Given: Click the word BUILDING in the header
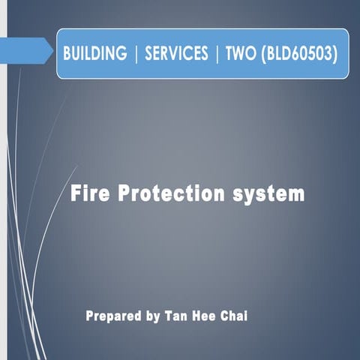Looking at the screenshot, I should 94,54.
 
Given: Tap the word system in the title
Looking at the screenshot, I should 271,194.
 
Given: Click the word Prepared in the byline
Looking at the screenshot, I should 113,316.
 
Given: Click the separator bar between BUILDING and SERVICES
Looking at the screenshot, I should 136,54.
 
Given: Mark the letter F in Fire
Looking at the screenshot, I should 76,193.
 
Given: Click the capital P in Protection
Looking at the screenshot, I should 124,193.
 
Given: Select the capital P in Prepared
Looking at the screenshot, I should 90,316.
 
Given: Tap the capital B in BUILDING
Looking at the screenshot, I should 67,54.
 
